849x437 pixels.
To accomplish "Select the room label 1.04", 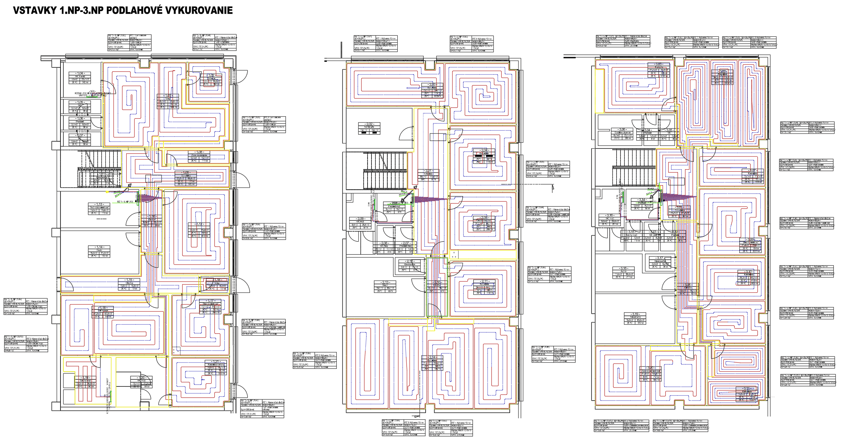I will tap(80, 73).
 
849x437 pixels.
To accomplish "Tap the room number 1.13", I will tap(99, 204).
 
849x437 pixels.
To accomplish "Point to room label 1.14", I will tap(99, 247).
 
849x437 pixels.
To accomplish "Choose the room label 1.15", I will tap(129, 280).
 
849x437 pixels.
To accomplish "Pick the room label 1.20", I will tap(141, 378).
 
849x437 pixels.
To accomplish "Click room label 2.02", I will tap(369, 124).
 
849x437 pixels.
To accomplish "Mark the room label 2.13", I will tap(385, 283).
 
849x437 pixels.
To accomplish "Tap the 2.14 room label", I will tap(432, 357).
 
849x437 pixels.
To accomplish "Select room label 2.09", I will tap(360, 219).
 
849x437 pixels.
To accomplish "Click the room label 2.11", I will tap(484, 282).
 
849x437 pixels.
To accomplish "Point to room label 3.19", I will tap(635, 314).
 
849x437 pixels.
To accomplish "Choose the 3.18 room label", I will tap(623, 268).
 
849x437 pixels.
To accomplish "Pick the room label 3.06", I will tap(622, 130).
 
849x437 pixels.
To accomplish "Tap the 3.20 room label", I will tap(650, 368).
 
